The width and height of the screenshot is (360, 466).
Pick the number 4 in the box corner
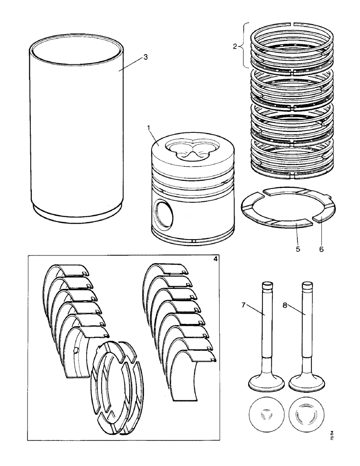pyautogui.click(x=215, y=260)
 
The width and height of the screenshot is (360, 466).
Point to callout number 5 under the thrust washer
pyautogui.click(x=298, y=249)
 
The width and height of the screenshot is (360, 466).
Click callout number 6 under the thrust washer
pyautogui.click(x=321, y=249)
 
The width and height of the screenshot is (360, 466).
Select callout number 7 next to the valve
pyautogui.click(x=243, y=305)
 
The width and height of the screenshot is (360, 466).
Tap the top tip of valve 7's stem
pyautogui.click(x=267, y=283)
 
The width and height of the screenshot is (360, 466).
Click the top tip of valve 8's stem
pyautogui.click(x=307, y=283)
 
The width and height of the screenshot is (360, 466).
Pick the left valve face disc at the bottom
pyautogui.click(x=267, y=414)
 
